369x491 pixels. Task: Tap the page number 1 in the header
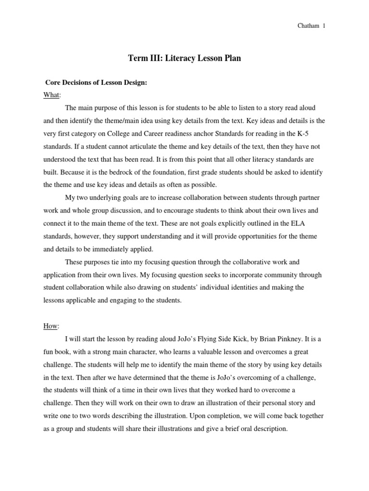tap(323, 26)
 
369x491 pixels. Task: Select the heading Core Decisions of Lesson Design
tap(96, 82)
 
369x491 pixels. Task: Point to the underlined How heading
tap(51, 326)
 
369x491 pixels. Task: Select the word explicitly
tap(240, 222)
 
